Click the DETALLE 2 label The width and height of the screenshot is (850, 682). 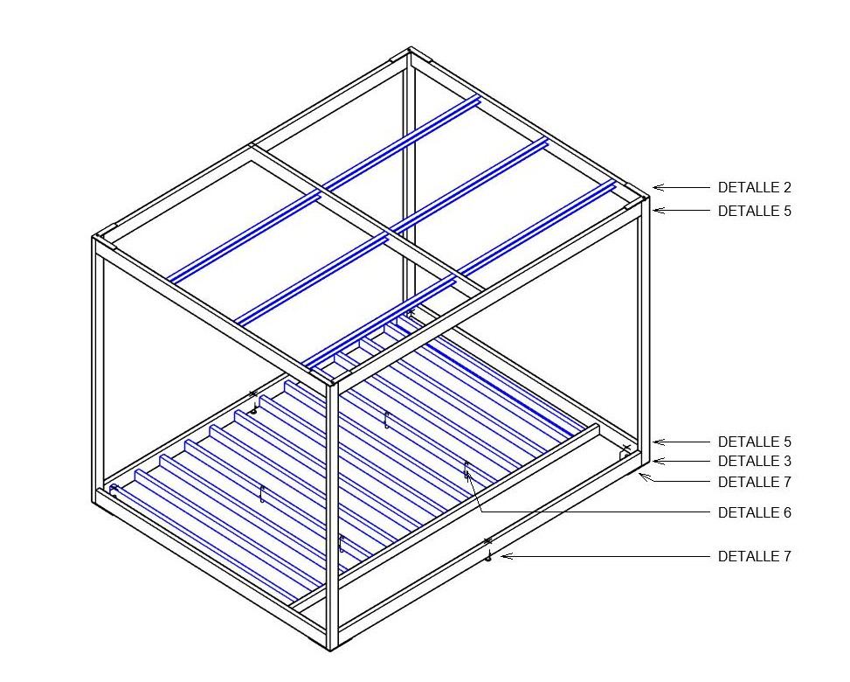pos(754,187)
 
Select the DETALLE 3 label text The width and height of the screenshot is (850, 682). pos(754,462)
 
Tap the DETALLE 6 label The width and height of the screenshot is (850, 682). pos(754,513)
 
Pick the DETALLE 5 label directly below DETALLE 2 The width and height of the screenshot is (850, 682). pos(754,211)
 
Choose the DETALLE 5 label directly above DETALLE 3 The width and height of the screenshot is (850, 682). pos(754,442)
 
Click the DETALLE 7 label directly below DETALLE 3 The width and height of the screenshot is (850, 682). pos(754,483)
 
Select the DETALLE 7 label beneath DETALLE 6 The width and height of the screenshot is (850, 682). pos(754,557)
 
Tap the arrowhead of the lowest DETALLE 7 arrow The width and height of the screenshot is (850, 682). pos(503,556)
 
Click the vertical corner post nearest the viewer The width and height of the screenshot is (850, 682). pos(332,516)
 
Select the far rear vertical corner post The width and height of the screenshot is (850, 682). pos(409,175)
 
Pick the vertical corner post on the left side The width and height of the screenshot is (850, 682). pos(99,367)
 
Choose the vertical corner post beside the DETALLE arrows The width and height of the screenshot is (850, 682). pos(644,324)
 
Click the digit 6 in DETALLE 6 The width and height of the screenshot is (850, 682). pos(787,513)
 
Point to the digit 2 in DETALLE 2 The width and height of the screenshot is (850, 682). pos(787,187)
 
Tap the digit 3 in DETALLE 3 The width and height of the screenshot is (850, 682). pos(787,462)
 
